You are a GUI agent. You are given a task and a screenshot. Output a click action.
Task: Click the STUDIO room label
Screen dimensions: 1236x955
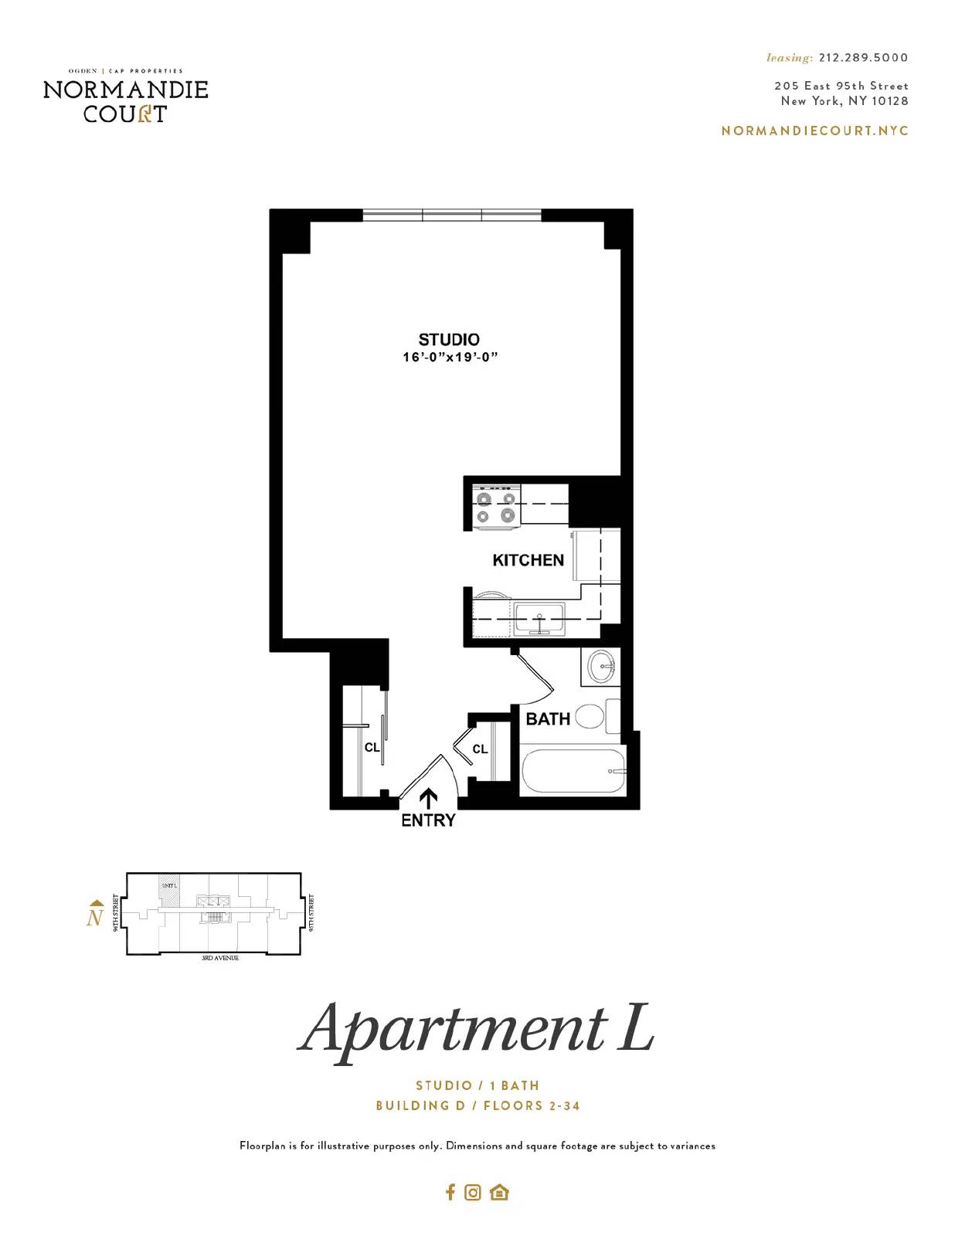pos(449,340)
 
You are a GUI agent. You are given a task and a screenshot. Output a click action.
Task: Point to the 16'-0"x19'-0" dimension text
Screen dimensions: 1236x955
pos(450,358)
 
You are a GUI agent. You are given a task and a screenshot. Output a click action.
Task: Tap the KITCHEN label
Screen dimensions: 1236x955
pos(528,561)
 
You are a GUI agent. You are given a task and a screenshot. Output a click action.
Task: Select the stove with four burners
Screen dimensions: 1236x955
pos(495,507)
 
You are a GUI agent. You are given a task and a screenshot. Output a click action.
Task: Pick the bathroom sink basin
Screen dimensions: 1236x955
pos(601,666)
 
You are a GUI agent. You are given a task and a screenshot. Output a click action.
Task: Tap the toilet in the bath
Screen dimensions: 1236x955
pos(590,716)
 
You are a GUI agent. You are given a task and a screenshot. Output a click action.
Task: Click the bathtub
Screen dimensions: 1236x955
pos(573,771)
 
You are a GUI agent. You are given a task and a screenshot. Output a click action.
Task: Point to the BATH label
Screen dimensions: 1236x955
pos(548,719)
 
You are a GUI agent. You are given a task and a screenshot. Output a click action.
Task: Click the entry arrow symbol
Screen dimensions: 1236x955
pos(428,799)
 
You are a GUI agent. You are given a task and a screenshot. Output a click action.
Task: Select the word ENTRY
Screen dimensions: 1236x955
pos(428,820)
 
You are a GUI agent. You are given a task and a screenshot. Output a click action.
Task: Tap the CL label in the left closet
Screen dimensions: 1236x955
pos(372,748)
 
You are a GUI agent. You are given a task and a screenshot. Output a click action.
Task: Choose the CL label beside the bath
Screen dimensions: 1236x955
pos(480,749)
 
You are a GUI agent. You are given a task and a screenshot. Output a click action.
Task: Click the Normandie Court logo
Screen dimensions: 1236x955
pos(126,97)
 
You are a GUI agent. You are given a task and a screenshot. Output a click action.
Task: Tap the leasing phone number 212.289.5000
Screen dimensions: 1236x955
pos(863,58)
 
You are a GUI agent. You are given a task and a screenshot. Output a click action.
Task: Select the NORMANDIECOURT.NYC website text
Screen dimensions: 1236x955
pos(814,131)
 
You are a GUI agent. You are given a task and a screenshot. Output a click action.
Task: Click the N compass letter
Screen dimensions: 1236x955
pos(95,918)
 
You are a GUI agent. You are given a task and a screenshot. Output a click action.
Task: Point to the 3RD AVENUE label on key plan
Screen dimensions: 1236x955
pos(220,958)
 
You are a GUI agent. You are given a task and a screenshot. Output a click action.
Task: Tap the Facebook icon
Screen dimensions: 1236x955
pos(450,1192)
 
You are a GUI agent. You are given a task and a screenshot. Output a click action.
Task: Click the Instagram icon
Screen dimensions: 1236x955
pos(473,1193)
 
